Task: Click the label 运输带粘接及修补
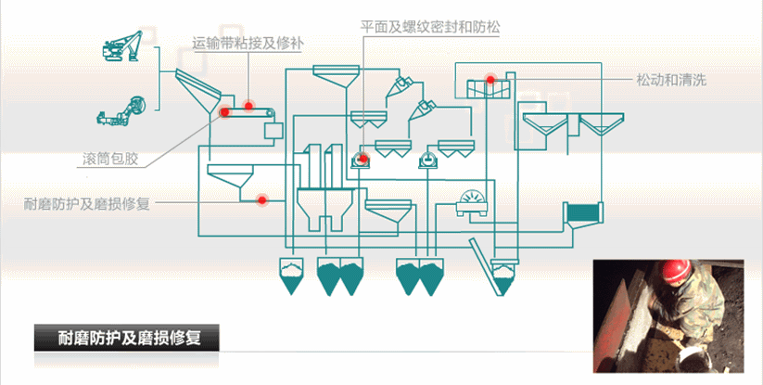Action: (248, 43)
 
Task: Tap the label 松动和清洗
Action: (671, 80)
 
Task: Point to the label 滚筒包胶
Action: (109, 158)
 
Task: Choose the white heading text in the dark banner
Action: (129, 339)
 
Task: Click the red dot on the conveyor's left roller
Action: (225, 112)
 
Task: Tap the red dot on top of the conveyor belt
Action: (249, 106)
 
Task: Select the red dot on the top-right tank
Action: (491, 80)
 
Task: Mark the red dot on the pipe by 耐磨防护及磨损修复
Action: (262, 199)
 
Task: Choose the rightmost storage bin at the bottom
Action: (502, 275)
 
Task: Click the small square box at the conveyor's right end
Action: (273, 129)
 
